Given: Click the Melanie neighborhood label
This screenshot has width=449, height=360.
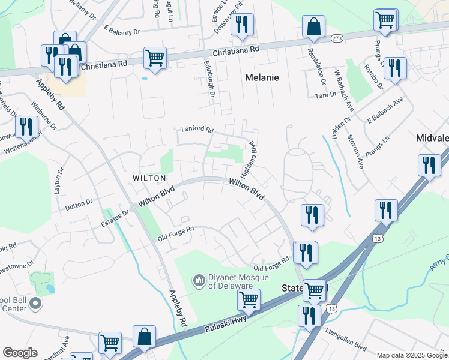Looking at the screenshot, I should [262, 77].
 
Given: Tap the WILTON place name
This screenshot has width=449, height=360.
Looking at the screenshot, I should [149, 178].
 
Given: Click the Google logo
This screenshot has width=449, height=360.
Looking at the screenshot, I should [20, 353].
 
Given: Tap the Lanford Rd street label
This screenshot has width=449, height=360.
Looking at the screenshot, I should [197, 129].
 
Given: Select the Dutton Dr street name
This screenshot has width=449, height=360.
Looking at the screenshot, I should [79, 203].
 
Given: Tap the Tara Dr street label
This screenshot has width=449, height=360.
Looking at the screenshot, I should [325, 95].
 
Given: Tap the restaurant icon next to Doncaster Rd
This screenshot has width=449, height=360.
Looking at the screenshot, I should [242, 25].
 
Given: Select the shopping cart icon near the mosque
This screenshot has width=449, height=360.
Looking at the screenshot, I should [249, 299].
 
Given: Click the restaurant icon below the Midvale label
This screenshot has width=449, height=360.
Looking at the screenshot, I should [428, 165].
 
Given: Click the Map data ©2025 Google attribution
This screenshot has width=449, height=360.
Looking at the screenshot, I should [412, 355].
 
